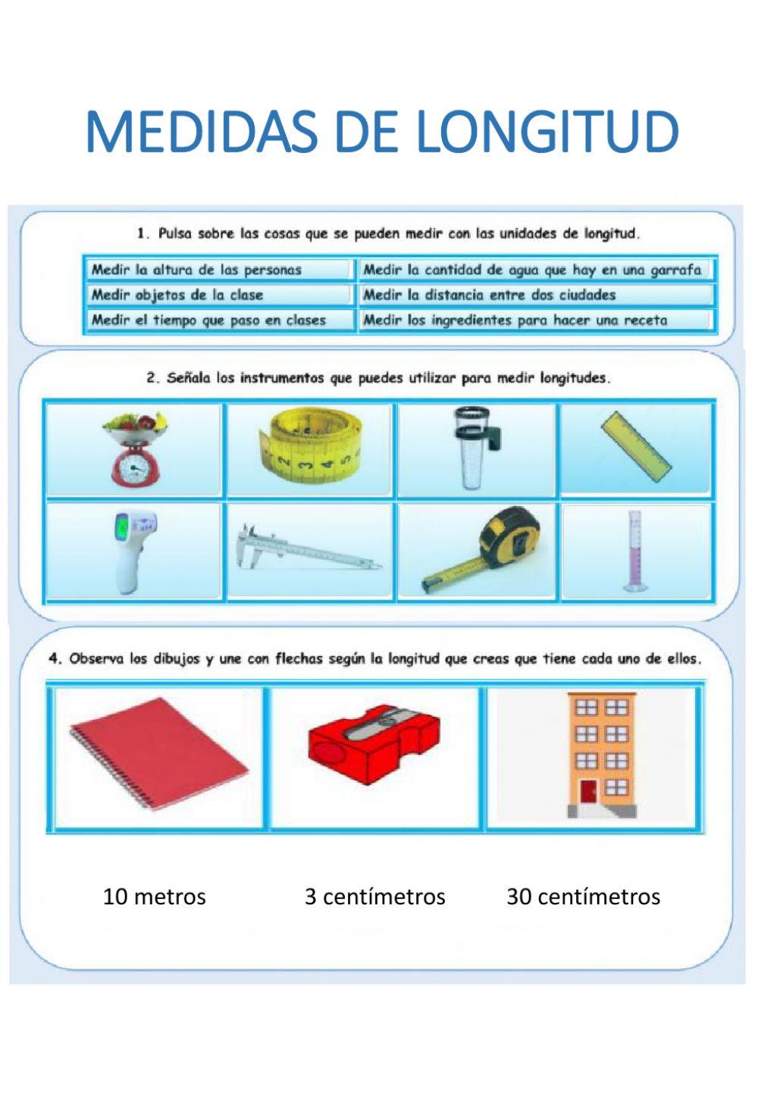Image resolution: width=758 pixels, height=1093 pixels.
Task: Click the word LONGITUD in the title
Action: click(547, 133)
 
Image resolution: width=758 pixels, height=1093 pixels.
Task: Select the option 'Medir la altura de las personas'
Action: click(196, 270)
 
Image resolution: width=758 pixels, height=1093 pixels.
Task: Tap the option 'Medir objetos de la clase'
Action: click(177, 295)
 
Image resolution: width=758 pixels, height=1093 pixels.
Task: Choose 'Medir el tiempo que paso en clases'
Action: click(208, 320)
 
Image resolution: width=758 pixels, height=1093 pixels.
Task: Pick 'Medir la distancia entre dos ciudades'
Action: click(489, 295)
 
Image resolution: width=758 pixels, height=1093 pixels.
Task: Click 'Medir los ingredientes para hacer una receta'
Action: click(515, 320)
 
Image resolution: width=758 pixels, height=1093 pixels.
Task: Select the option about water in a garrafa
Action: click(532, 270)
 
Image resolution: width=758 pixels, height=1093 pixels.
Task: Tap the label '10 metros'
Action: click(154, 897)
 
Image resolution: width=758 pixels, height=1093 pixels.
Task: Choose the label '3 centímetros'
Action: click(374, 897)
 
